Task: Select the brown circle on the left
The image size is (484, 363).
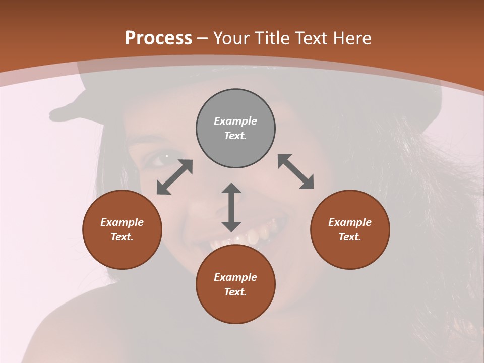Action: tap(122, 229)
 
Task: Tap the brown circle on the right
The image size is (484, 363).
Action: tap(350, 229)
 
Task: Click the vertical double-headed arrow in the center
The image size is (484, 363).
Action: tap(231, 207)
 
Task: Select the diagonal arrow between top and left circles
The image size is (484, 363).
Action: tap(174, 177)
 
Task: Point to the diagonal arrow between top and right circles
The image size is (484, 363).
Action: tap(295, 171)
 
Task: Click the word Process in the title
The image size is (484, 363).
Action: tap(158, 38)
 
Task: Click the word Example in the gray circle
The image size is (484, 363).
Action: tap(235, 121)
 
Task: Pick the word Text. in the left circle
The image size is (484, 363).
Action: tap(122, 237)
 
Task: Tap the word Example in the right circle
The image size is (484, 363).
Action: tap(350, 222)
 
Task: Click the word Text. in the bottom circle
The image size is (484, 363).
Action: tap(235, 292)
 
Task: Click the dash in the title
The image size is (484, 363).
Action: tap(203, 38)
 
